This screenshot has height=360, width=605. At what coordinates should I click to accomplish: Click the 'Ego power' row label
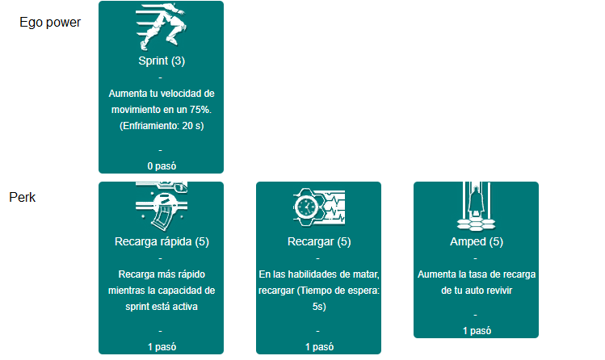tap(50, 23)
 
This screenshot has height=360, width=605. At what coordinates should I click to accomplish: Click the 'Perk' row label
tap(23, 197)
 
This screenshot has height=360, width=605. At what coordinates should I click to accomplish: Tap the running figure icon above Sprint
tap(162, 27)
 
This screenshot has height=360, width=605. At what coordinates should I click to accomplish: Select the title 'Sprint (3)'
tap(162, 61)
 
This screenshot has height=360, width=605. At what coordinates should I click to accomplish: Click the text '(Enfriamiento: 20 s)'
tap(162, 126)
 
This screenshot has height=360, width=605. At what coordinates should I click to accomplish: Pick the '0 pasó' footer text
tap(162, 166)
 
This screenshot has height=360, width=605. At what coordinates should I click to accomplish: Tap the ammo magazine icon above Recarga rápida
tap(162, 206)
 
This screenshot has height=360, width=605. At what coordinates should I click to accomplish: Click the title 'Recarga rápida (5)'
tap(162, 241)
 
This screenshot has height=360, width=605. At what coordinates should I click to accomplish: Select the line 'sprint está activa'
tap(162, 307)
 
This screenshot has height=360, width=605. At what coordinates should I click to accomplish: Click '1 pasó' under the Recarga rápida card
tap(162, 347)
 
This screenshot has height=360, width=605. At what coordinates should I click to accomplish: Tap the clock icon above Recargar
tap(306, 207)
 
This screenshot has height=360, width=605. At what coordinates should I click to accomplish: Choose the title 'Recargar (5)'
tap(319, 241)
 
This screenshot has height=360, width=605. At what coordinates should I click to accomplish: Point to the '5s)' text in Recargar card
tap(319, 307)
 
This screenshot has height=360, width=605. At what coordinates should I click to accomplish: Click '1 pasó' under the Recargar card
tap(319, 347)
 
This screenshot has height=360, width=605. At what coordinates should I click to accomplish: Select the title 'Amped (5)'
tap(477, 241)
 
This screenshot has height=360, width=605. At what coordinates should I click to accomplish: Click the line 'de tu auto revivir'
tap(477, 291)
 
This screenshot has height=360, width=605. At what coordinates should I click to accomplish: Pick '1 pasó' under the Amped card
tap(477, 331)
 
